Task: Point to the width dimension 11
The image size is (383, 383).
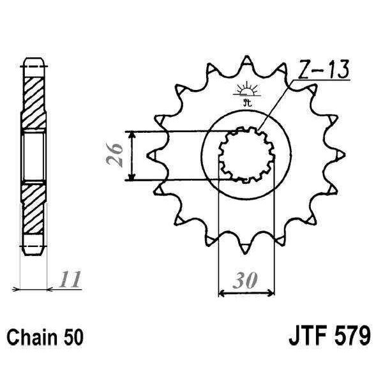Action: click(x=71, y=279)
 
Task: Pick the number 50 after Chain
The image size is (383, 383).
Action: click(x=72, y=336)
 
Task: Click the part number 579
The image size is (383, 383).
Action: click(x=349, y=335)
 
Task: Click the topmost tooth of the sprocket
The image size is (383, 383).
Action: click(x=247, y=62)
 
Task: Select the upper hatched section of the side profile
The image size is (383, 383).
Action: click(x=34, y=96)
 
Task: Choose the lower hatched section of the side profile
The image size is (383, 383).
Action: click(x=34, y=211)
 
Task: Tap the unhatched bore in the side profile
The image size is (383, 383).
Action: click(x=34, y=155)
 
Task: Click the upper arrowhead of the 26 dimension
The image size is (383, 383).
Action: click(x=131, y=136)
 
